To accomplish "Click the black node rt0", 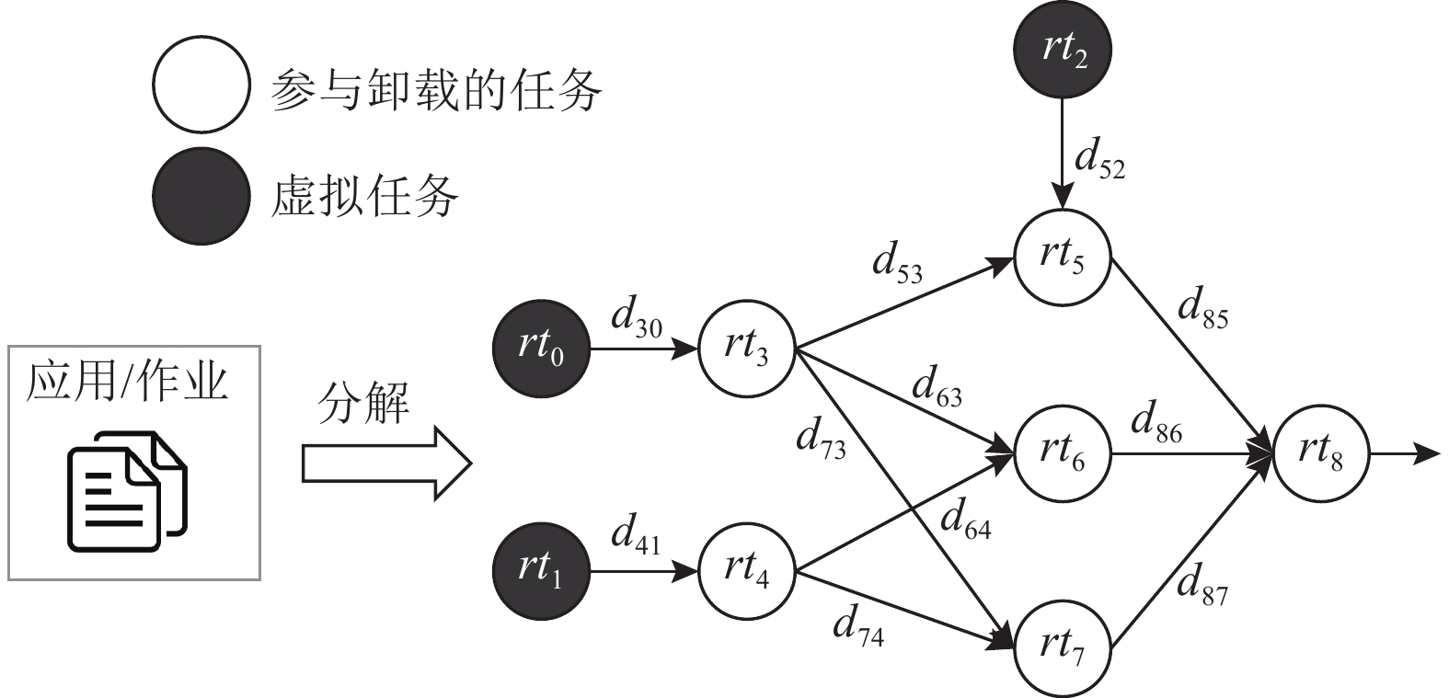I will [541, 349].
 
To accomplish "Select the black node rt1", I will [541, 571].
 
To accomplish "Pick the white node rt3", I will [746, 349].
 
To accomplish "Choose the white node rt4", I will [746, 571].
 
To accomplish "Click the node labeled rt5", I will [1063, 257].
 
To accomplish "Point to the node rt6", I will [1063, 453].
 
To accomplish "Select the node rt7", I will [1063, 647].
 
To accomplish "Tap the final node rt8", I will [1321, 453].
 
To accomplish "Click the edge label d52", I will [1099, 163].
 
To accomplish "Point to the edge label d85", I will [1202, 311].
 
